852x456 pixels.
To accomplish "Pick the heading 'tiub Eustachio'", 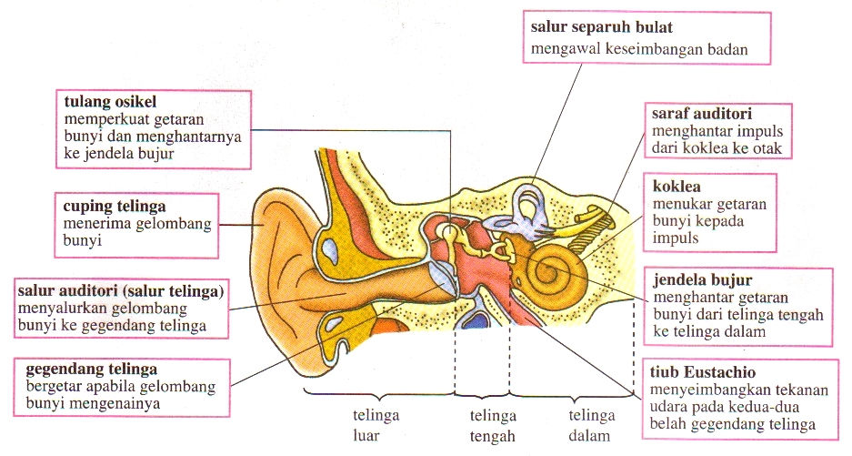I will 703,373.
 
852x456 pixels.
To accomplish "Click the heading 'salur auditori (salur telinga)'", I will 122,290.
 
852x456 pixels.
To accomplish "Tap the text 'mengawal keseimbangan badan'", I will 639,50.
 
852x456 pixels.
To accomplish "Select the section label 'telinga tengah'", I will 492,426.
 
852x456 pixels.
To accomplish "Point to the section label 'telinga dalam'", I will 591,426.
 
